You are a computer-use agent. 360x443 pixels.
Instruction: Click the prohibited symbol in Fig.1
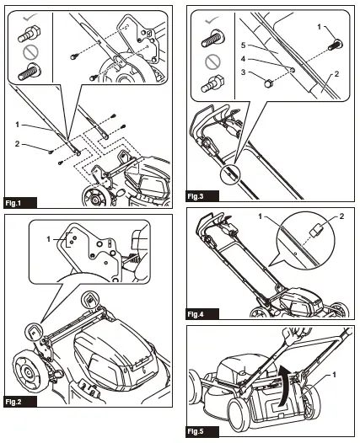point(31,51)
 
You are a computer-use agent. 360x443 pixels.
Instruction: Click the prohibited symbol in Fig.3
point(212,61)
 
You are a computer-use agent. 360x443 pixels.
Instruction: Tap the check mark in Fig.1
point(30,19)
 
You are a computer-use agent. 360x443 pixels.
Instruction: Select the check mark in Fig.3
point(212,20)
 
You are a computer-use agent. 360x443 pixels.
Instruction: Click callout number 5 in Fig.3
point(243,45)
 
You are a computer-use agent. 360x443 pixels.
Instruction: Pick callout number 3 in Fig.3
point(243,72)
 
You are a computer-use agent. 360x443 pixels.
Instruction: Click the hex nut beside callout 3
point(268,83)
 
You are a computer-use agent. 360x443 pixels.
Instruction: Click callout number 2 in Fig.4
point(341,216)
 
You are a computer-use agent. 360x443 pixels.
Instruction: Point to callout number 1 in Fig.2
point(48,239)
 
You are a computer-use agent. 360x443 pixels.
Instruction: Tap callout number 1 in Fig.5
point(334,375)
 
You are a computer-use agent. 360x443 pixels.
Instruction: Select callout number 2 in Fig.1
point(17,144)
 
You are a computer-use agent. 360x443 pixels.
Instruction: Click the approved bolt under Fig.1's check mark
point(30,35)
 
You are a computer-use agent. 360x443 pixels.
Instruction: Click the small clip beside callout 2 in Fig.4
point(316,230)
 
